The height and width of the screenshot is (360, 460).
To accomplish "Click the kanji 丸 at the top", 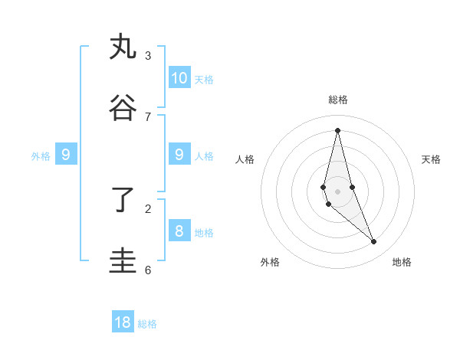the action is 123,47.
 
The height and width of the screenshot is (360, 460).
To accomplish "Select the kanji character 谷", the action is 123,108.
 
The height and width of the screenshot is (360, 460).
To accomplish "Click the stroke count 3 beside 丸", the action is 148,55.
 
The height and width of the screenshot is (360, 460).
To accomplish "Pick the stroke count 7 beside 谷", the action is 148,116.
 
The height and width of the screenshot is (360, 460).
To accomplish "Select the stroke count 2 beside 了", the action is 148,208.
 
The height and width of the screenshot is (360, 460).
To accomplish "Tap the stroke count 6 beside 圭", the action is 148,270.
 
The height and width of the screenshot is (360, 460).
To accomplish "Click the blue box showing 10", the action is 179,77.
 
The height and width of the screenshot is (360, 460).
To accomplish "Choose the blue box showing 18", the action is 123,322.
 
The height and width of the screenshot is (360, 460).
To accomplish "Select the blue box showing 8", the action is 179,231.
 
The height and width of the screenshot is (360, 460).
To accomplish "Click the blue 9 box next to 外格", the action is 66,155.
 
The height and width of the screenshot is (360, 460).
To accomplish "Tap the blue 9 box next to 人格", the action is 179,155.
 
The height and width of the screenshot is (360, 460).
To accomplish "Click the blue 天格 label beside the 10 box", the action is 204,80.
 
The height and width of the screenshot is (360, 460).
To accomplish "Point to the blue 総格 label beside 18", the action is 147,325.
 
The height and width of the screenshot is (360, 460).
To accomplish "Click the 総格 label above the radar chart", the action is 338,100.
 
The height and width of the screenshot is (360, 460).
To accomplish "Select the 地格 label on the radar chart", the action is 402,262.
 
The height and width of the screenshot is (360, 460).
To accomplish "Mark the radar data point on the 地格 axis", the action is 374,242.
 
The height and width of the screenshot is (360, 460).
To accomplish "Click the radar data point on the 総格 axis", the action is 337,130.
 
